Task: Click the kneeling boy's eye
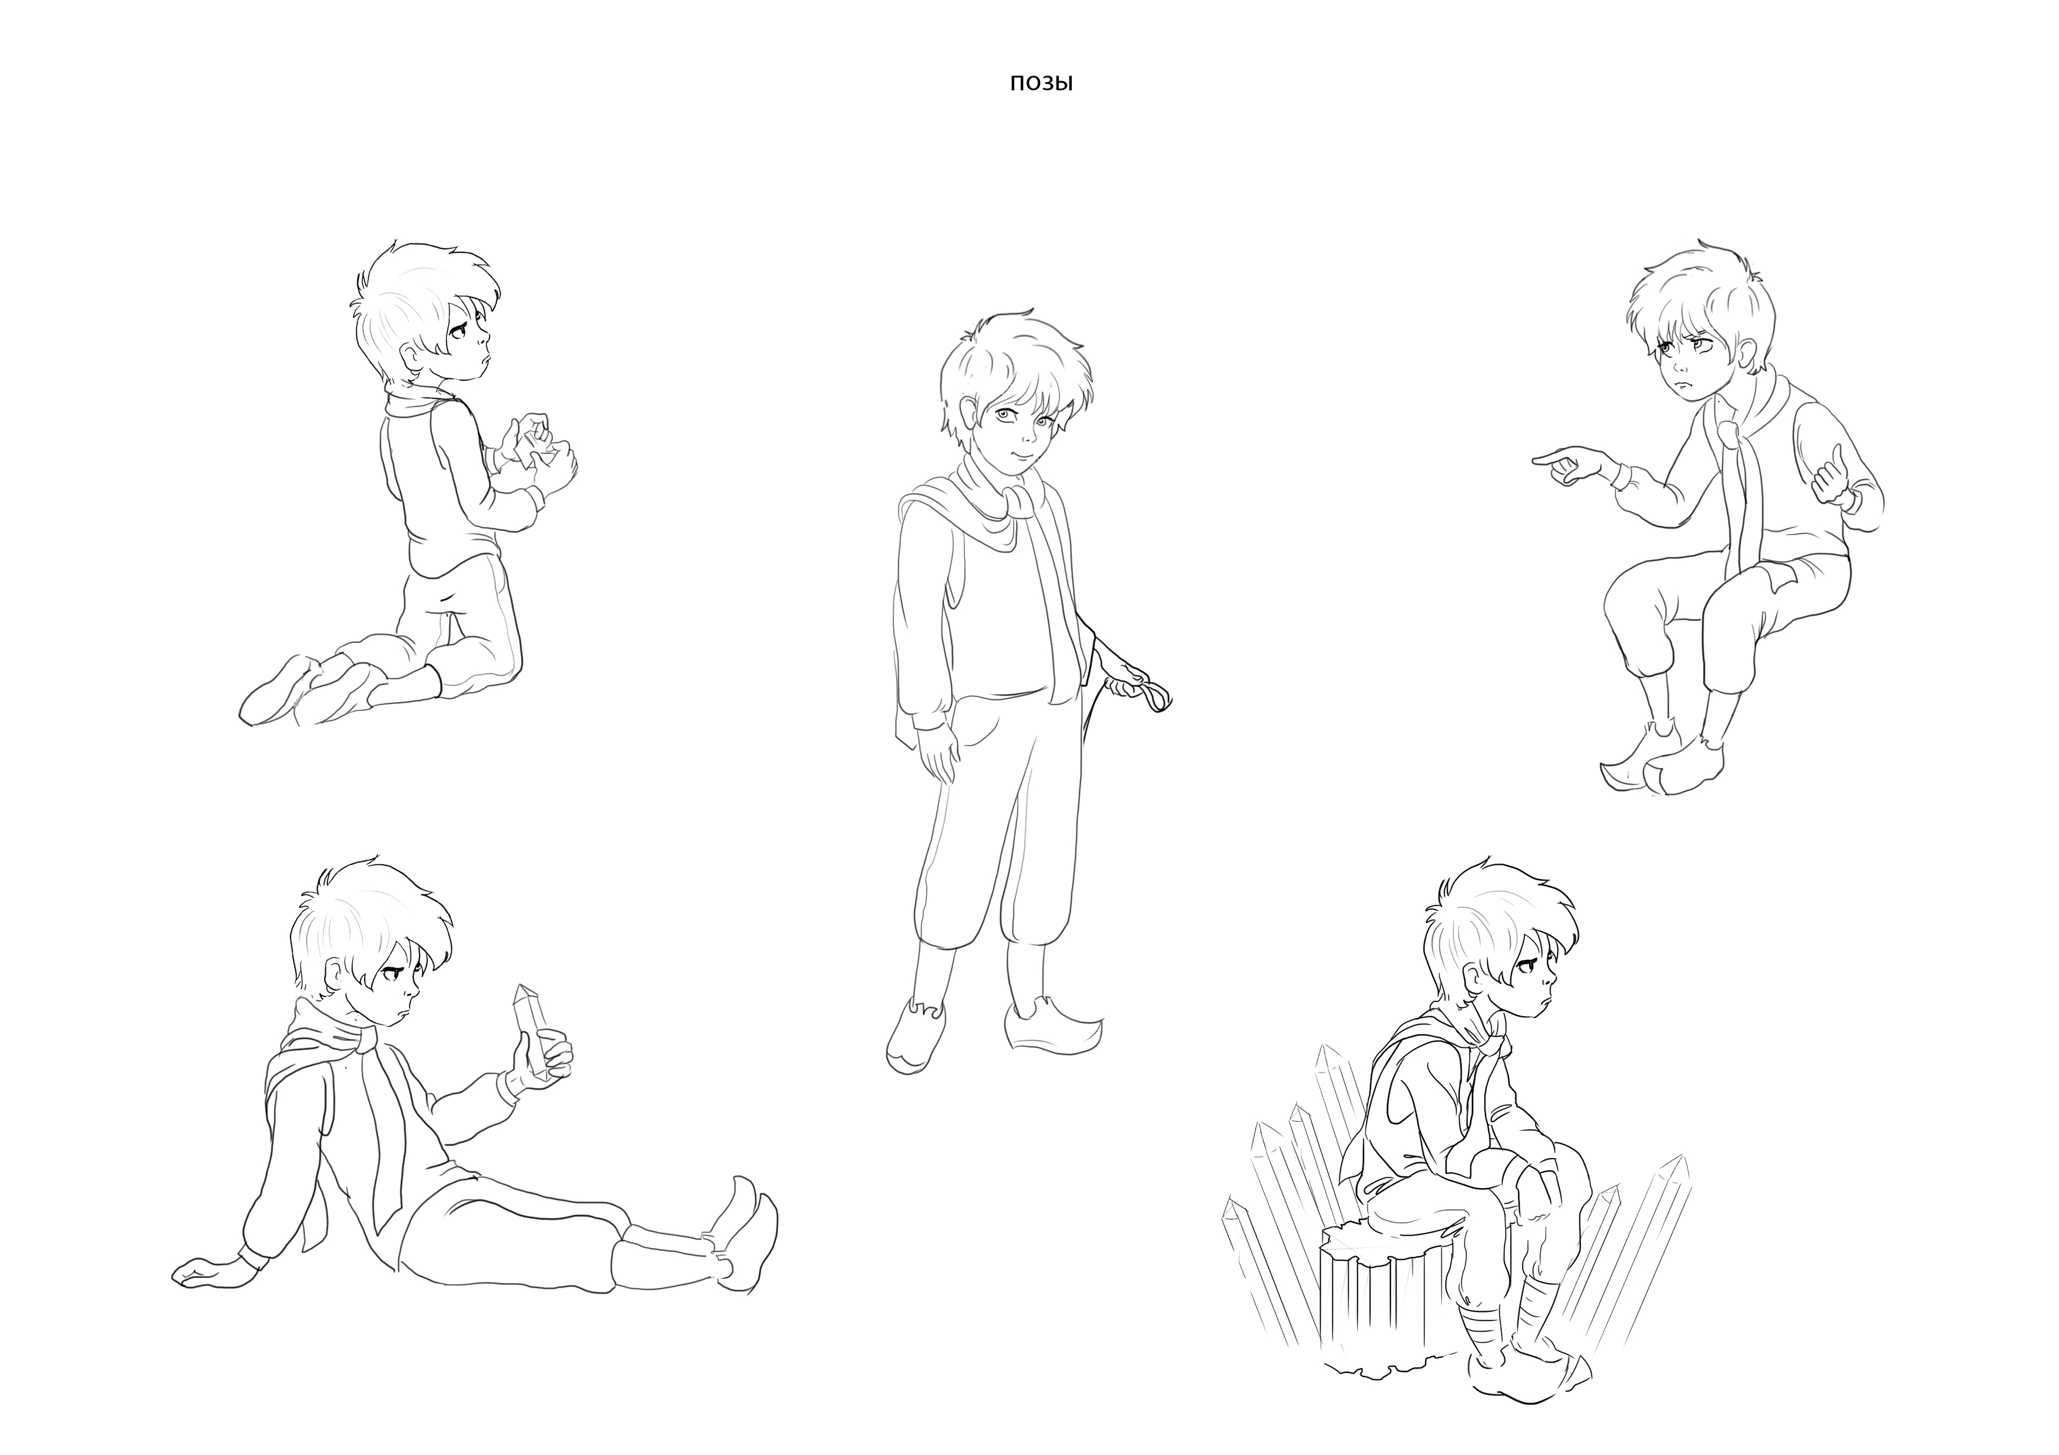(458, 333)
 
